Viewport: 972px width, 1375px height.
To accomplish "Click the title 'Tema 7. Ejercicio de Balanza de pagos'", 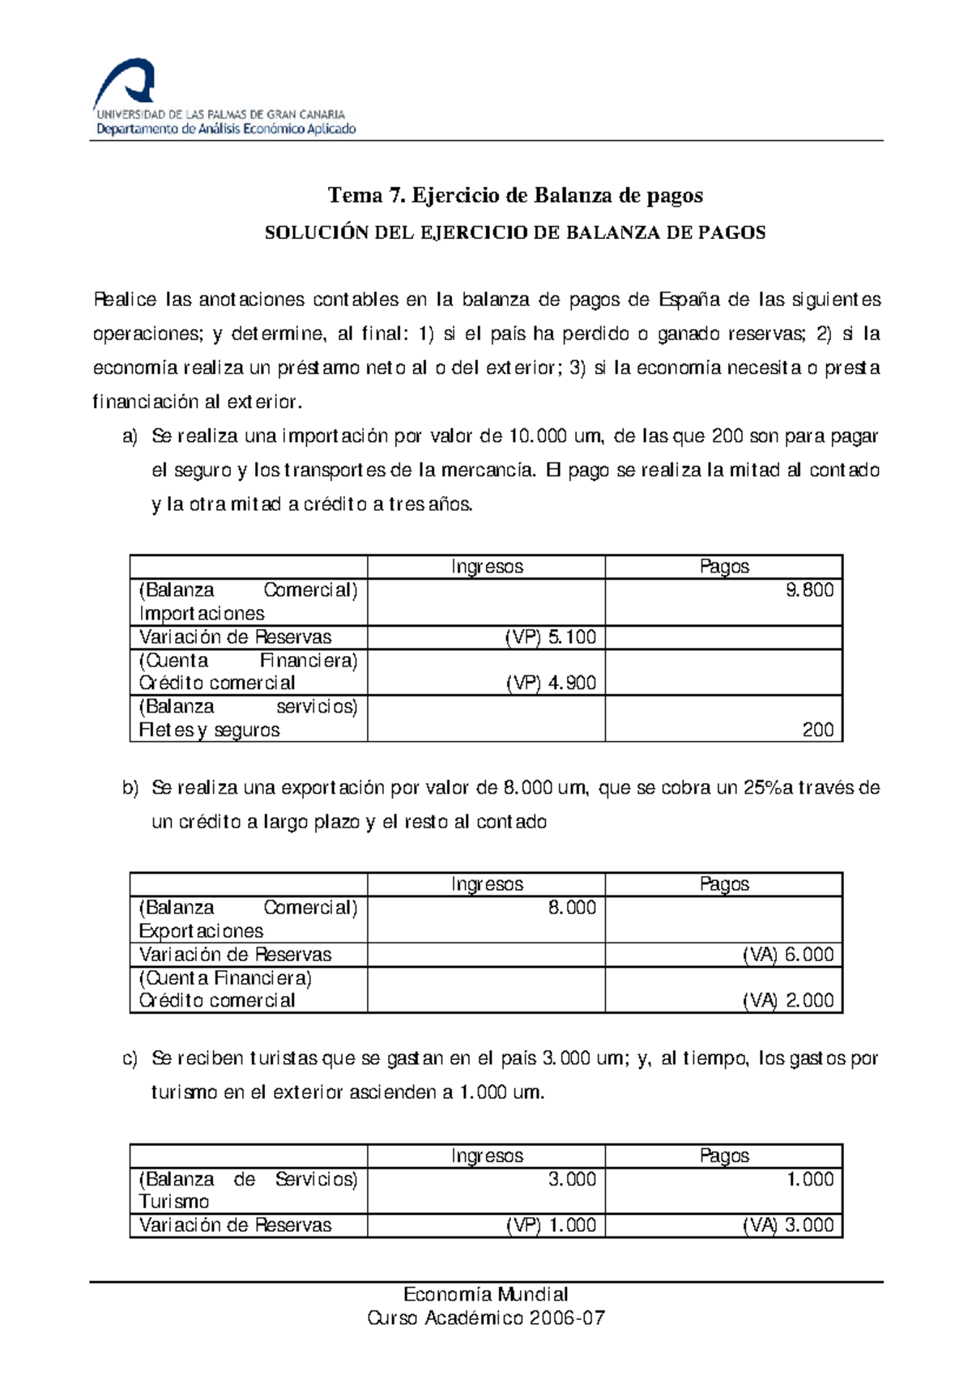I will click(x=515, y=195).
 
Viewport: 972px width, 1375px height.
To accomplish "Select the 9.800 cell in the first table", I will click(x=809, y=590).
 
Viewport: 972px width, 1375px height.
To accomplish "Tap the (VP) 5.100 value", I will click(x=551, y=637).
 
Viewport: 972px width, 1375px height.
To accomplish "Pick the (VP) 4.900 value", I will click(x=551, y=683).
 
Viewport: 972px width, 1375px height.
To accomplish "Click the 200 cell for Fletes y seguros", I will click(x=817, y=730).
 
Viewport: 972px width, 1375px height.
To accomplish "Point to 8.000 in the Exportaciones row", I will click(x=572, y=908).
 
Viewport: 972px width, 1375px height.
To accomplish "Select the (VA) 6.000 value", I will click(x=788, y=955).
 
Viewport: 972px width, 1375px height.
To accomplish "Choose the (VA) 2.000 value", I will click(x=788, y=1001).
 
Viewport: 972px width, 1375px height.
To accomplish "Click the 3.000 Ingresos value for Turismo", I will click(x=572, y=1180).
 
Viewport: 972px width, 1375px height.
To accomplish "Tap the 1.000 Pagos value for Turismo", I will click(x=810, y=1180).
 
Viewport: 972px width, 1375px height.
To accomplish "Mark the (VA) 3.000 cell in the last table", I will click(x=788, y=1226).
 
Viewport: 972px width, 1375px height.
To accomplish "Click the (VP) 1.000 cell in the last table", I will click(x=551, y=1226).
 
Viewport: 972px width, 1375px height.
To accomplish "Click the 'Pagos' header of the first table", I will click(x=724, y=567).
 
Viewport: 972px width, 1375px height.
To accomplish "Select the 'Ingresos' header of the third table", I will click(x=487, y=1156).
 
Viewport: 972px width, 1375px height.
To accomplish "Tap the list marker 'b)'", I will click(x=130, y=788).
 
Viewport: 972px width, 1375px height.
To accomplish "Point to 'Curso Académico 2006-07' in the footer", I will click(x=486, y=1318).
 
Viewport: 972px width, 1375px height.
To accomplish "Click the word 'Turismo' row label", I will click(x=174, y=1202).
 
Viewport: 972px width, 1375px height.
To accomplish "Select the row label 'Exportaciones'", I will click(x=201, y=931).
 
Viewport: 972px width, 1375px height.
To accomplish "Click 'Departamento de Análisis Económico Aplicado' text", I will click(x=226, y=130).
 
